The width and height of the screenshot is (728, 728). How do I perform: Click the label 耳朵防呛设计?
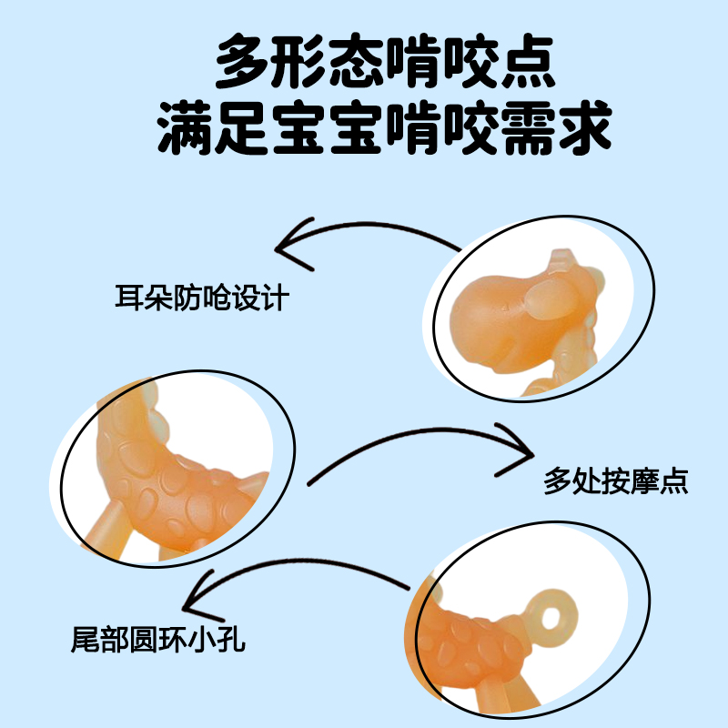tap(201, 298)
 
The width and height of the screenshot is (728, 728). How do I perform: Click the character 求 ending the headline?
tap(582, 128)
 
